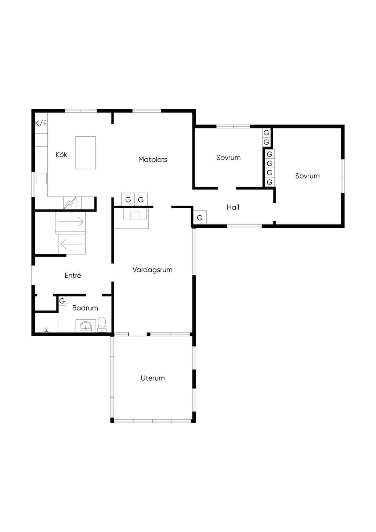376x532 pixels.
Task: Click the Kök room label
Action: (x=61, y=155)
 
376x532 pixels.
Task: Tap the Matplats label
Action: (x=153, y=159)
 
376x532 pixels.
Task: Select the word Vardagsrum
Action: (x=152, y=270)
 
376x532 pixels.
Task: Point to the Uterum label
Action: (x=153, y=378)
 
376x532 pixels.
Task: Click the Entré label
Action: (x=73, y=275)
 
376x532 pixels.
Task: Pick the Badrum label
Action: (x=85, y=308)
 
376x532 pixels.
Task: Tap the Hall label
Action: (x=233, y=207)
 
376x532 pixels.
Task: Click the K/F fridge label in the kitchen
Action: (x=41, y=123)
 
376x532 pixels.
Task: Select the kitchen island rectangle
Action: (x=86, y=153)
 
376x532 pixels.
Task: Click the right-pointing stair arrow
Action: (x=71, y=222)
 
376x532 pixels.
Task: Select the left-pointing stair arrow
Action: (x=72, y=244)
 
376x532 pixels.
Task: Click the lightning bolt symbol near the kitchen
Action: (x=70, y=203)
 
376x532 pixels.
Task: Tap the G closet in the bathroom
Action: (x=62, y=301)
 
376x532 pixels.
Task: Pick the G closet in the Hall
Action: (x=200, y=217)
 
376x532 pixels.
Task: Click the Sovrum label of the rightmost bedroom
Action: (x=307, y=176)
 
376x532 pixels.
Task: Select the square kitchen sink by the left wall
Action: (x=41, y=178)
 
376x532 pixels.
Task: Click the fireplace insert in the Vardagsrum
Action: (x=135, y=216)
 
